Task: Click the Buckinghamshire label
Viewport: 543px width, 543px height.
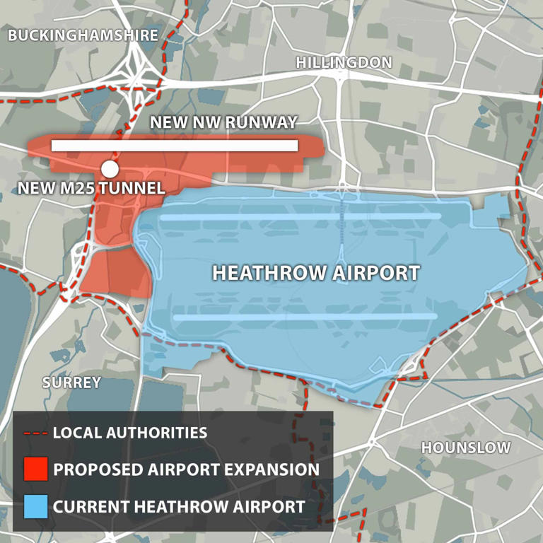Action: [83, 35]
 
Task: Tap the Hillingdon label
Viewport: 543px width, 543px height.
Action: [344, 62]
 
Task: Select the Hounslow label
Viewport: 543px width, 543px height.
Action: [465, 448]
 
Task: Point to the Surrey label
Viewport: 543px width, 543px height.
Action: [71, 383]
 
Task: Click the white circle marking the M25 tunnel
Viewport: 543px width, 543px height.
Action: [110, 169]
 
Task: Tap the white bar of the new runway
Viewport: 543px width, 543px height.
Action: [175, 146]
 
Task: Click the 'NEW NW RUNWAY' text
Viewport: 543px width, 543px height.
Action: [223, 122]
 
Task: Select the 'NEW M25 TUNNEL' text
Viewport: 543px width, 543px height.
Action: [91, 188]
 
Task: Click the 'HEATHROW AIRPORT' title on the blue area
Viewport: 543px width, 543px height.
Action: [316, 273]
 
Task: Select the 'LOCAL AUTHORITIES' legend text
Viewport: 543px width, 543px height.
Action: [130, 433]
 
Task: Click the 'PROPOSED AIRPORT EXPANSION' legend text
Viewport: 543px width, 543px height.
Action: [186, 469]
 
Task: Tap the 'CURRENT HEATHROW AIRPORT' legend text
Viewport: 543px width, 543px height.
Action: [179, 506]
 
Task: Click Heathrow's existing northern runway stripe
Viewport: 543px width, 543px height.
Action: [300, 216]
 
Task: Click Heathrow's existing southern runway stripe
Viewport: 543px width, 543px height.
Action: [305, 317]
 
